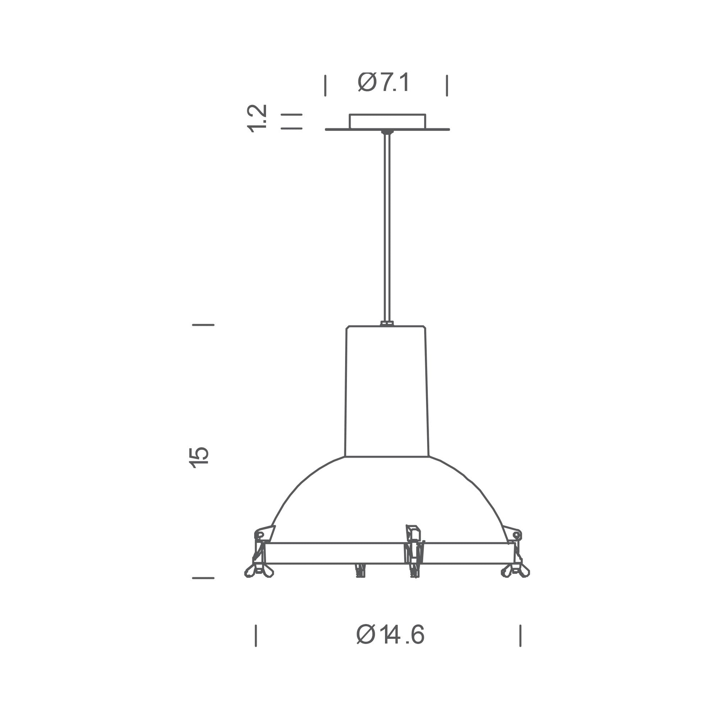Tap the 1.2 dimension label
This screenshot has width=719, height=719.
click(x=258, y=118)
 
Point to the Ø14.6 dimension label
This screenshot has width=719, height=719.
click(x=390, y=634)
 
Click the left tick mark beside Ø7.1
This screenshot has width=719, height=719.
click(x=325, y=86)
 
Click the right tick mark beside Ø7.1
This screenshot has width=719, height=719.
click(x=447, y=86)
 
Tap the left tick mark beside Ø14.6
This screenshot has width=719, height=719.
click(x=256, y=635)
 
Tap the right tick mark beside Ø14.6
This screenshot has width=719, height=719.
click(x=520, y=635)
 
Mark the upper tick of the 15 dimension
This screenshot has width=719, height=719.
click(x=203, y=325)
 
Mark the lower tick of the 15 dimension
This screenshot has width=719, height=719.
click(x=203, y=578)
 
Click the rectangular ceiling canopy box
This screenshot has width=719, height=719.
click(x=387, y=121)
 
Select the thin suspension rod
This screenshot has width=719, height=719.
click(x=388, y=227)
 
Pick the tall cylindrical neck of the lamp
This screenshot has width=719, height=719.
click(x=387, y=391)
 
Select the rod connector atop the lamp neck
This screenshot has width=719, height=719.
click(x=387, y=323)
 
